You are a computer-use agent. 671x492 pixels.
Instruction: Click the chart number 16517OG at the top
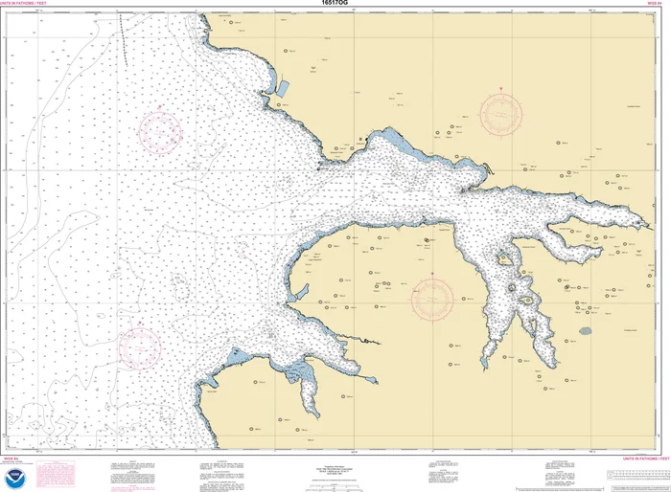point(335,5)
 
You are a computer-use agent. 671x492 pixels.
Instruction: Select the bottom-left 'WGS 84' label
point(13,432)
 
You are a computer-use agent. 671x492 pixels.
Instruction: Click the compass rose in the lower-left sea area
point(141,347)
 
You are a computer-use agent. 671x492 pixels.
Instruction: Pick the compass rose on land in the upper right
point(500,113)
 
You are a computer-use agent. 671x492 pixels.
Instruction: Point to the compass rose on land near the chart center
point(432,300)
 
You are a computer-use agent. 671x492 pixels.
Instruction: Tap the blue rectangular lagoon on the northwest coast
point(283,88)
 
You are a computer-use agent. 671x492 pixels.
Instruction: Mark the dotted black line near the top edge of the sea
point(123,38)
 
